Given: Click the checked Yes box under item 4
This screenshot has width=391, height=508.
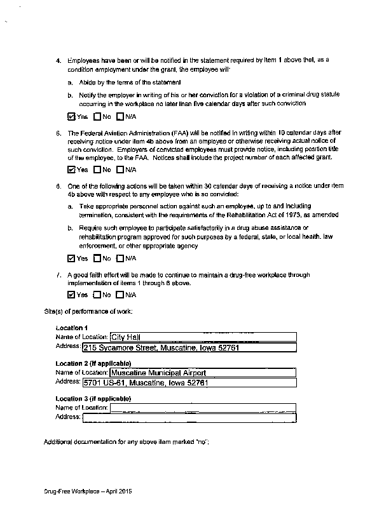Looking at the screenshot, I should [x=71, y=117].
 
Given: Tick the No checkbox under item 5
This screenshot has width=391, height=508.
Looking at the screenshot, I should [x=97, y=170].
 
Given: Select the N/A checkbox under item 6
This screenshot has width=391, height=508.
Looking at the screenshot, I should [x=120, y=258].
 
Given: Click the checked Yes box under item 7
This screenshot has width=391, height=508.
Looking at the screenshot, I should [x=71, y=295].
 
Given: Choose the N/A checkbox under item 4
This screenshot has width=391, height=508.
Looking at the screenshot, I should [x=120, y=117].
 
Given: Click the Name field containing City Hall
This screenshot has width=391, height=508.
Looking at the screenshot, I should [x=203, y=337].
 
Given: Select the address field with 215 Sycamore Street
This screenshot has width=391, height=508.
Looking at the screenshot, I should [x=189, y=348].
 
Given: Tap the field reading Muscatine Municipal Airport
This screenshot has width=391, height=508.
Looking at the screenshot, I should [x=203, y=373].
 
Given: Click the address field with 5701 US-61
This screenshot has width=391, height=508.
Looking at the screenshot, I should [x=189, y=384].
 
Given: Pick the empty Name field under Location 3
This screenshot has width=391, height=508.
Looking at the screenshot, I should [x=203, y=407].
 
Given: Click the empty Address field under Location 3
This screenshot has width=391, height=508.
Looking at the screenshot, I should [x=189, y=417].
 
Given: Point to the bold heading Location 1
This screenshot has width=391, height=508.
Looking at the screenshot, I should [x=71, y=328].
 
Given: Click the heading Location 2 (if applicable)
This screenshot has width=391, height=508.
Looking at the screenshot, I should [x=93, y=363].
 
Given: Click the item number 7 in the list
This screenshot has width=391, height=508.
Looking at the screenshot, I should [x=58, y=276].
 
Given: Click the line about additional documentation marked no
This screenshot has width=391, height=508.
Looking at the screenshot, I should [x=126, y=441].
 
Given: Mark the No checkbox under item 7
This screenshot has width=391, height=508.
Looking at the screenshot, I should [x=97, y=295].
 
